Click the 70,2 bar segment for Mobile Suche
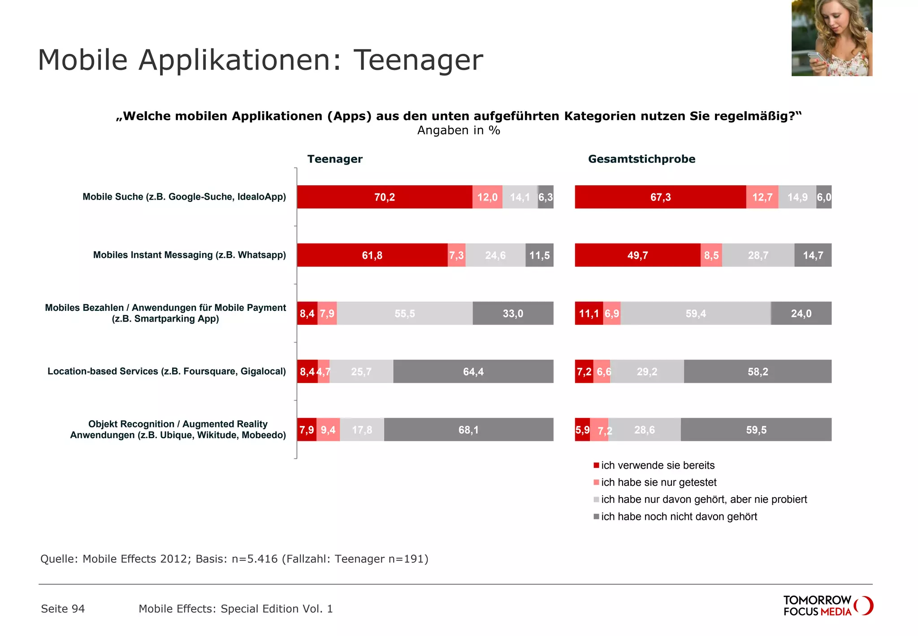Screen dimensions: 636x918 [x=385, y=197]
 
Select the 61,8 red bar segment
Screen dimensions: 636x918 [x=372, y=255]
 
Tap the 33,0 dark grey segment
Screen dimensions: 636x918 [x=513, y=314]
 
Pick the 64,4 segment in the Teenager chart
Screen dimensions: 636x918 [x=473, y=371]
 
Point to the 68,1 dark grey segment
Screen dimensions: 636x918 [x=468, y=430]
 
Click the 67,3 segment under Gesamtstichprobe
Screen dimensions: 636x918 [x=660, y=197]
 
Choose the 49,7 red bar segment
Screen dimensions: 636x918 [x=637, y=255]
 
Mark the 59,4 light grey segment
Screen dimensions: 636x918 [x=696, y=314]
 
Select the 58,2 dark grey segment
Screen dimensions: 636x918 [x=758, y=371]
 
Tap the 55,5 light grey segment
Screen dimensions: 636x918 [x=404, y=314]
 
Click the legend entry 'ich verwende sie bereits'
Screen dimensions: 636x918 [x=658, y=465]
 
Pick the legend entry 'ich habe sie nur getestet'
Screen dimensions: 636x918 [x=658, y=482]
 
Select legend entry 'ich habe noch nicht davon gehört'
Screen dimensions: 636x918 [x=679, y=516]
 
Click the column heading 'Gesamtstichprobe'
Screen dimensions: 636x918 [x=641, y=159]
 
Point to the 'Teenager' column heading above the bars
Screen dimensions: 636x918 [x=335, y=159]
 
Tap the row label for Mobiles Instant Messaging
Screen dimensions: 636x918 [x=189, y=255]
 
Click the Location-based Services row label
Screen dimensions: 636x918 [x=166, y=371]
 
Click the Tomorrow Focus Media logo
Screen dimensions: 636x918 [x=827, y=606]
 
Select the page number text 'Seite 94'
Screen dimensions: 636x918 [x=63, y=609]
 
